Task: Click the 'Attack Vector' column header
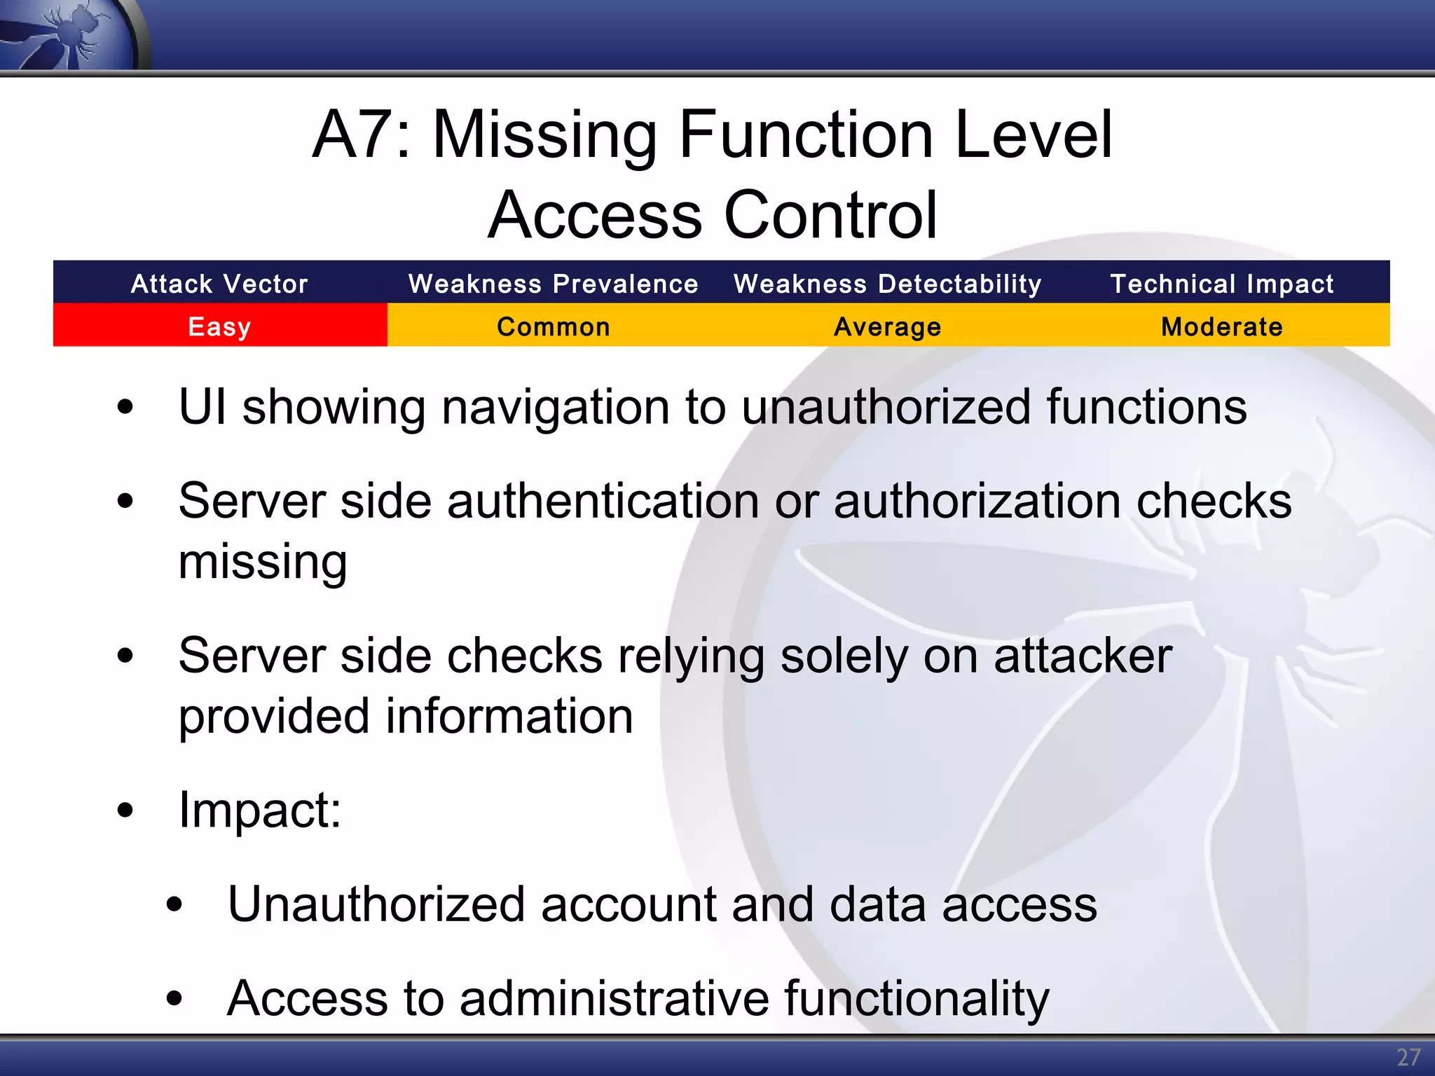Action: coord(219,284)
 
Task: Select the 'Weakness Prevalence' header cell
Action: coord(554,284)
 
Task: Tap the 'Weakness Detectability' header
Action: coord(888,284)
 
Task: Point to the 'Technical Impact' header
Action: coord(1222,284)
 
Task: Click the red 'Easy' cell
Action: coord(219,326)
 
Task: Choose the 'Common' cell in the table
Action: coord(554,326)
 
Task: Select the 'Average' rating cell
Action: coord(888,326)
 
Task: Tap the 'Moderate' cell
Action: coord(1222,326)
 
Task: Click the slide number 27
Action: coord(1408,1057)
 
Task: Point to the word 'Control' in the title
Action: coord(830,215)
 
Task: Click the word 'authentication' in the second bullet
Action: coord(603,502)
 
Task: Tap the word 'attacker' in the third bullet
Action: coord(1083,656)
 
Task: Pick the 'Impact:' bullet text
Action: coord(260,811)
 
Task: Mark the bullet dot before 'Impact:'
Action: coord(125,811)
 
